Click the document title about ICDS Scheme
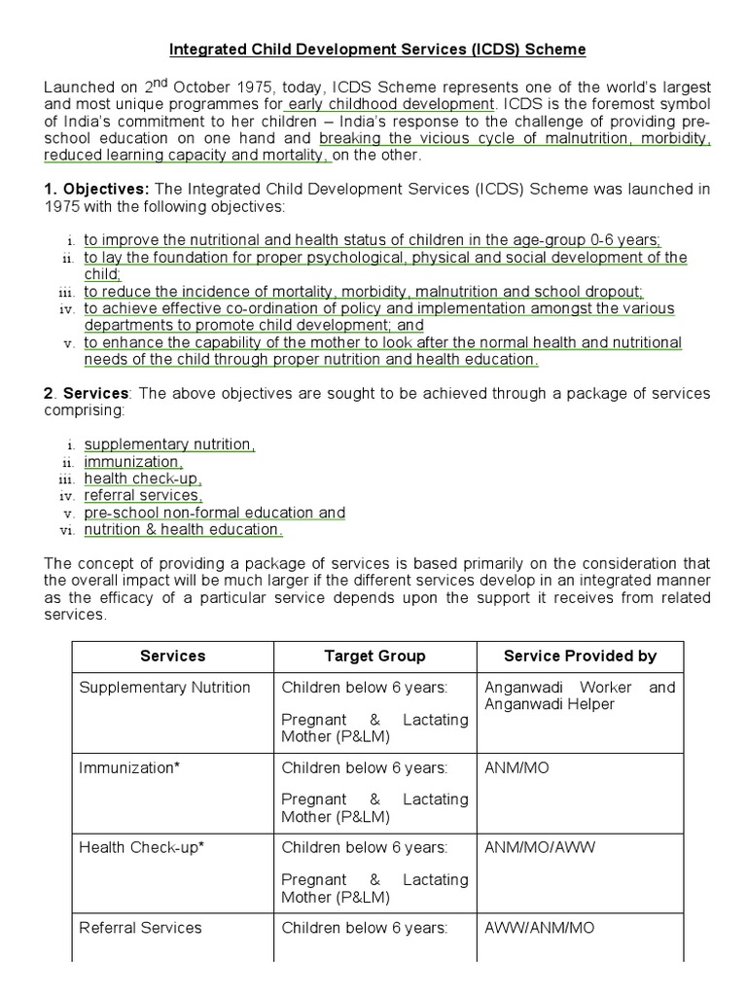click(x=378, y=48)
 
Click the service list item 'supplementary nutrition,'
click(x=169, y=445)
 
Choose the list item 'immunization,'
click(x=132, y=462)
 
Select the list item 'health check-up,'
click(x=142, y=479)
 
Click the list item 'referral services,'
click(x=143, y=496)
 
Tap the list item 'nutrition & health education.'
click(x=183, y=530)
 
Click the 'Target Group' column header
click(x=374, y=656)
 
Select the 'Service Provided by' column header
click(x=580, y=656)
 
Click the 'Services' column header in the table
click(x=173, y=656)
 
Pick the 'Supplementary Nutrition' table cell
click(x=164, y=688)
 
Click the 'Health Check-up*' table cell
click(x=141, y=847)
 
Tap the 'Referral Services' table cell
click(x=140, y=927)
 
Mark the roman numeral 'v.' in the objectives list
click(x=68, y=343)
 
